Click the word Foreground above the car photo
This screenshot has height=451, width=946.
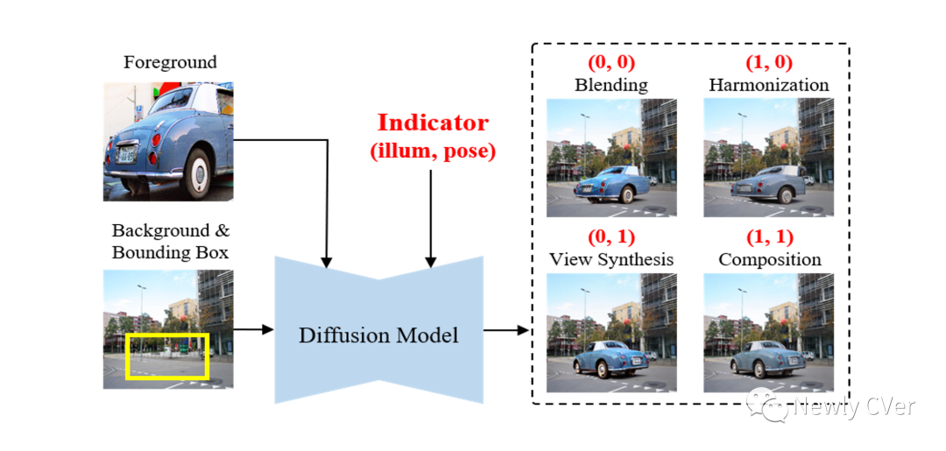(170, 63)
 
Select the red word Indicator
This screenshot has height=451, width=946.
(433, 123)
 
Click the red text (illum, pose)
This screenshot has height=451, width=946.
(433, 151)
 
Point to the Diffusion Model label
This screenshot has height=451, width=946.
(378, 335)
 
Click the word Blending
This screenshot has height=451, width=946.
(611, 85)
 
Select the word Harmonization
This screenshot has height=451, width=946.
(768, 85)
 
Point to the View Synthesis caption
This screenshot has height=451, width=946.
(611, 259)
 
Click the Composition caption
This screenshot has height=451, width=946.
(769, 259)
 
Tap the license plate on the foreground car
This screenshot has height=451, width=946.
(127, 156)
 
